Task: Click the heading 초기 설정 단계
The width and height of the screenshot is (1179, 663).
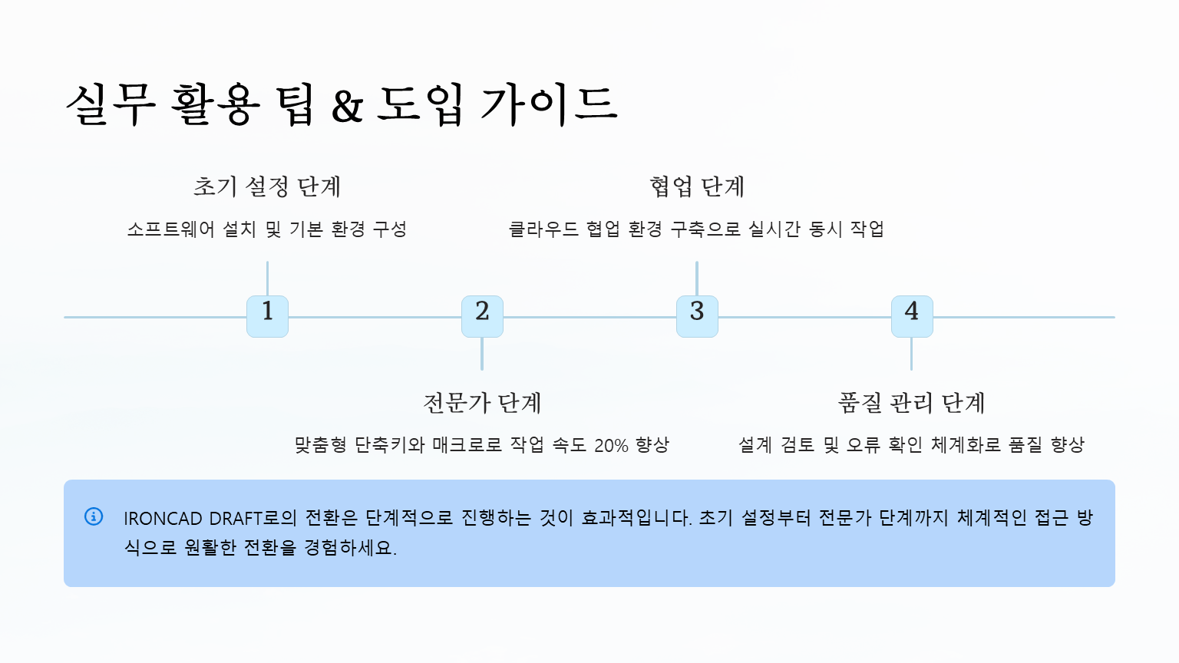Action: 267,186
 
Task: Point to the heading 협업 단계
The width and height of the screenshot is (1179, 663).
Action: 697,186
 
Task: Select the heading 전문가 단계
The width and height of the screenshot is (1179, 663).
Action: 482,403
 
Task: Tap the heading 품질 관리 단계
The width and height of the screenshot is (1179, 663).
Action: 912,403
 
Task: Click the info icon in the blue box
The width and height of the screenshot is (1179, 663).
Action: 94,516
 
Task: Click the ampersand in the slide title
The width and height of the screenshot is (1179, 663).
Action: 347,106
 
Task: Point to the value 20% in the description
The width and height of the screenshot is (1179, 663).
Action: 611,445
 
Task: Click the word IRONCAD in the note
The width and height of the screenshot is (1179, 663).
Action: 163,519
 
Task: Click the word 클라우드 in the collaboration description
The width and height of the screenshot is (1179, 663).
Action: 543,229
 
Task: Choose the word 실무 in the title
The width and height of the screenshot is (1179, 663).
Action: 111,104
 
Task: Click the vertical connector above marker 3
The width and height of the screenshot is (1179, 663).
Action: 697,278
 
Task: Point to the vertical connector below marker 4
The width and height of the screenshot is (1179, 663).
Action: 912,355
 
